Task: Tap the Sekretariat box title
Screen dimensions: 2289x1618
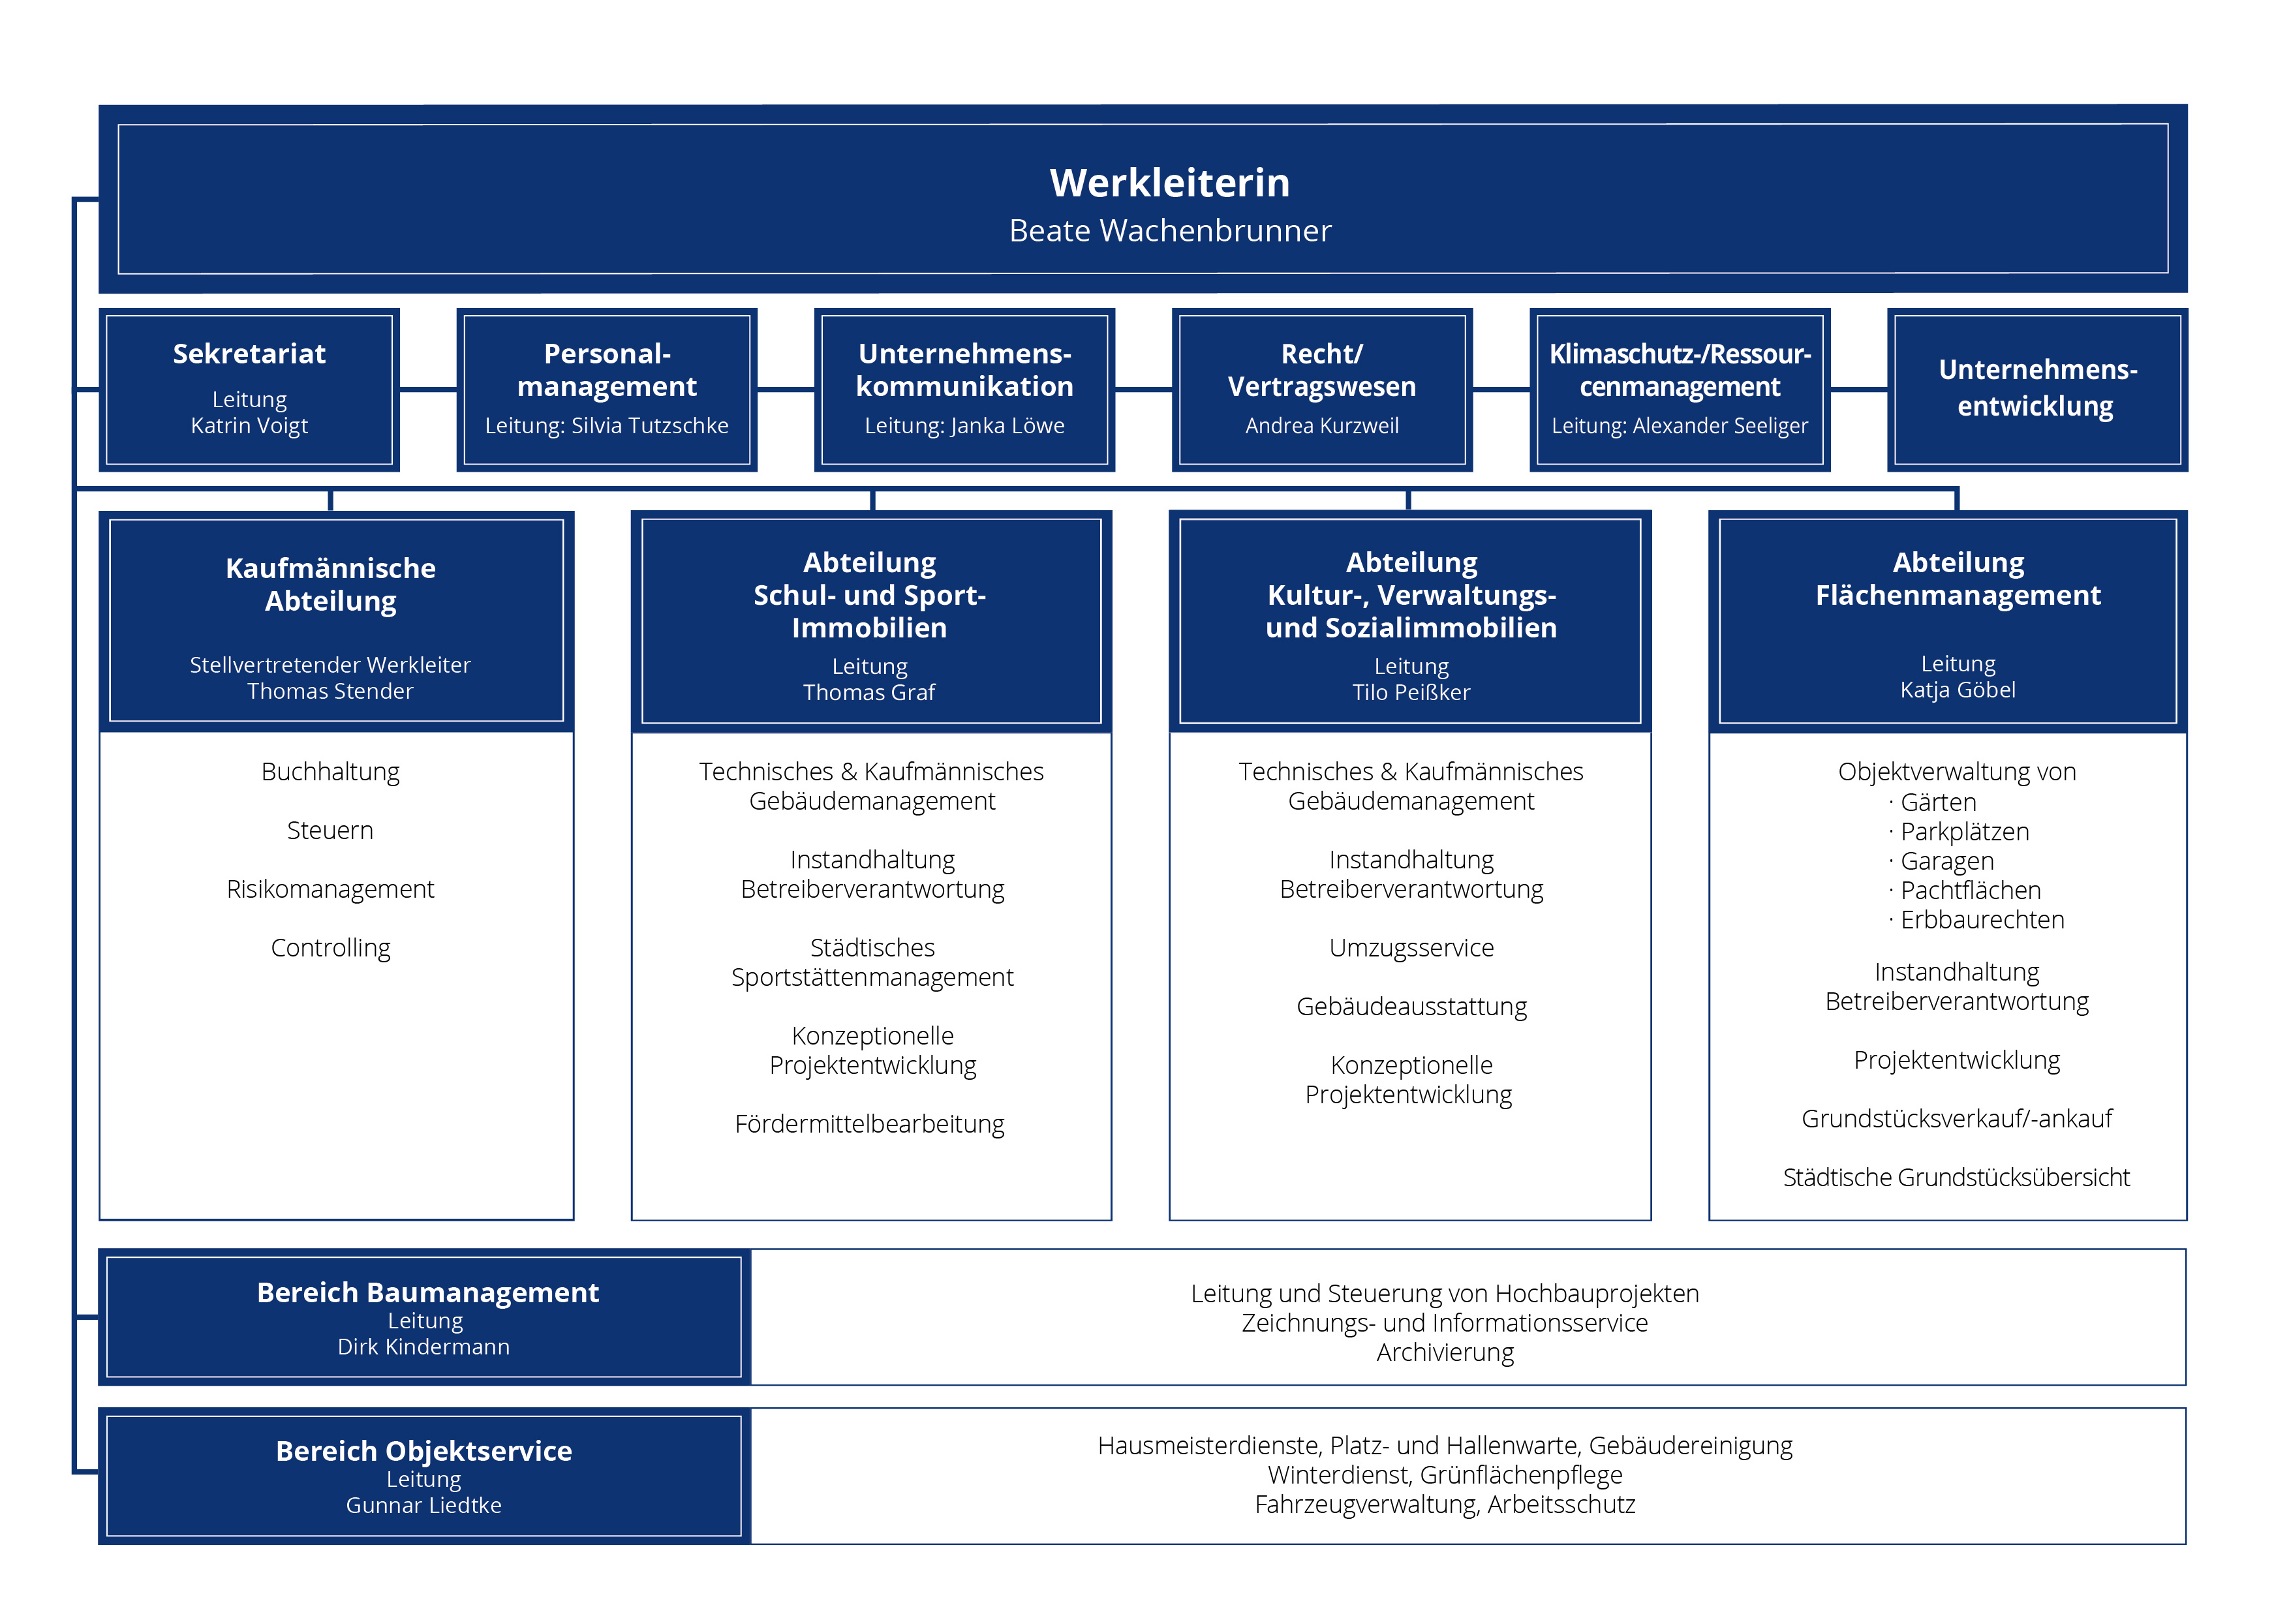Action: point(249,354)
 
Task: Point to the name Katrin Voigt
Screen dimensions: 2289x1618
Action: point(249,425)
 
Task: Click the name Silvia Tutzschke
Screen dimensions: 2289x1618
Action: point(650,425)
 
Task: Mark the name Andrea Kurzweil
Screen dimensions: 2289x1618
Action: point(1322,425)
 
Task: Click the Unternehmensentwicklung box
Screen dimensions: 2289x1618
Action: point(2036,389)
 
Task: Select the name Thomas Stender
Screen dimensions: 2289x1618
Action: point(330,691)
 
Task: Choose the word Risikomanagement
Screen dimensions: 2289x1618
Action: point(330,889)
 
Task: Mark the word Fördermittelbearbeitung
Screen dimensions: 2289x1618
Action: point(869,1125)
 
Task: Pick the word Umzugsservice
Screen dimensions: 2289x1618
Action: point(1411,948)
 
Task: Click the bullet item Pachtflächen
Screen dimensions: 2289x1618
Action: point(1970,891)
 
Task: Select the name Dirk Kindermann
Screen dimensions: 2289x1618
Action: point(423,1347)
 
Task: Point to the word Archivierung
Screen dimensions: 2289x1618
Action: point(1445,1353)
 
